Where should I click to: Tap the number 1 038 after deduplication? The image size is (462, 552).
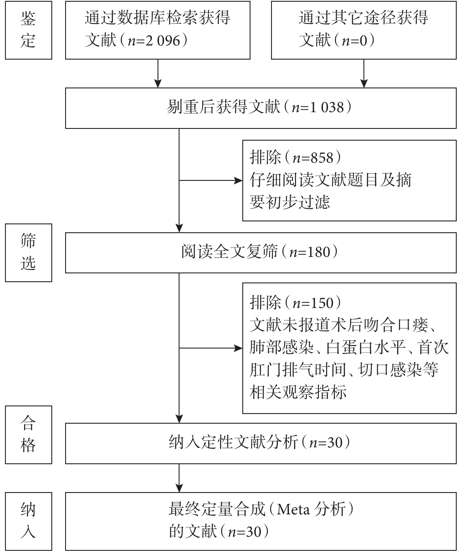click(x=327, y=107)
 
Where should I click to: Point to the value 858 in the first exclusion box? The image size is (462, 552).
click(x=322, y=158)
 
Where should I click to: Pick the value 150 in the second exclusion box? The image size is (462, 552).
click(x=322, y=303)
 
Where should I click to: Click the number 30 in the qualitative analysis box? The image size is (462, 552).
click(x=335, y=443)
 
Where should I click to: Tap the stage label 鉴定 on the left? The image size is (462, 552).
click(x=28, y=30)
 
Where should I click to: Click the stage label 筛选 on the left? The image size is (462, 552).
click(x=28, y=253)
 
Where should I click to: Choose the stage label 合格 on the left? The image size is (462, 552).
click(x=28, y=435)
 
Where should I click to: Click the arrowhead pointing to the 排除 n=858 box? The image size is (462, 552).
click(x=238, y=181)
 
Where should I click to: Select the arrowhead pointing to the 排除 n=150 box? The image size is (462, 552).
click(x=238, y=348)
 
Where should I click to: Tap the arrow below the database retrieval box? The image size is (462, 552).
click(x=158, y=73)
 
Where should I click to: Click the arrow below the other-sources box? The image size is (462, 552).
click(x=364, y=73)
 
